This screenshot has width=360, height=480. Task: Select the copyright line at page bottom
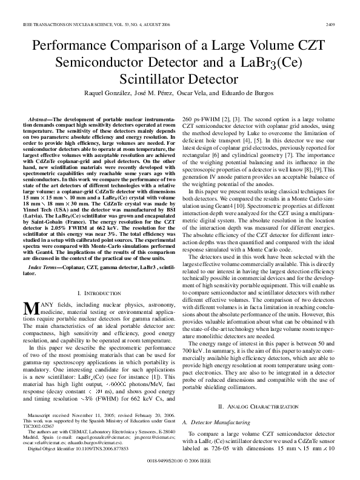pyautogui.click(x=180, y=461)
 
